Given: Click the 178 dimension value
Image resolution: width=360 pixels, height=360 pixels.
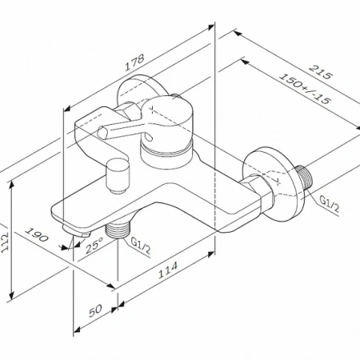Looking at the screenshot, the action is pos(134,63).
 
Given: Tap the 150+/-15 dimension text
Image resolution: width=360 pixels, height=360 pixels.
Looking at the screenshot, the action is pos(304,89).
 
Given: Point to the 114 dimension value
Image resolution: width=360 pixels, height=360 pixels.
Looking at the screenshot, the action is pos(168,270).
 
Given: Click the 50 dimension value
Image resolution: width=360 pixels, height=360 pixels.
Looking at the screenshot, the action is pos(95,310).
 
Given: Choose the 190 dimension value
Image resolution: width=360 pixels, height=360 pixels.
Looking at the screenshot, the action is pos(37,234).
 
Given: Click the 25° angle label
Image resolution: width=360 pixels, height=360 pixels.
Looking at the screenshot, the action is pos(94,246).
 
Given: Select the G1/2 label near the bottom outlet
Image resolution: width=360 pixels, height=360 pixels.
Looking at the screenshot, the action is pos(141,246).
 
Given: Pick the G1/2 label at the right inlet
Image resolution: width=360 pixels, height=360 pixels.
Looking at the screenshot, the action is pos(330,204).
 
